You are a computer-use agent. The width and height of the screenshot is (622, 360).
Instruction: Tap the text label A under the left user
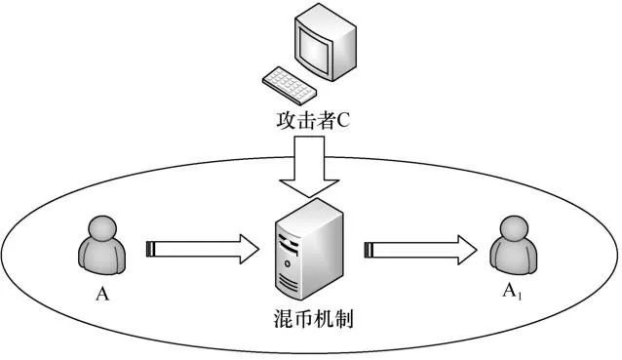[x=100, y=291]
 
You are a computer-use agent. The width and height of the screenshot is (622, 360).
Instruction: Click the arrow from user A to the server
[x=199, y=250]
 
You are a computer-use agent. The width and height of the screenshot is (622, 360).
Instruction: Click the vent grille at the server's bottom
[x=289, y=283]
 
